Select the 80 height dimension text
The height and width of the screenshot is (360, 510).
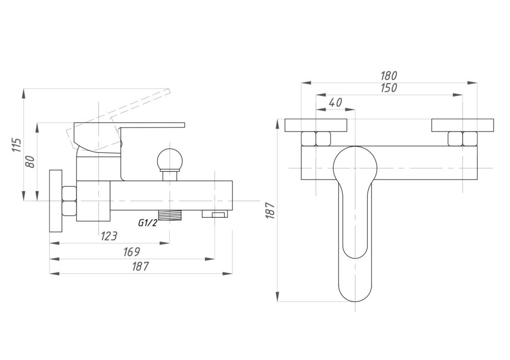coord(30,162)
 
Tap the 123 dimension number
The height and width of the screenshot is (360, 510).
coord(108,236)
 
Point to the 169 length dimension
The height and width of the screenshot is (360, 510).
coord(132,252)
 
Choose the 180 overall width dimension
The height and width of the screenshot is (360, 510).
coord(389,75)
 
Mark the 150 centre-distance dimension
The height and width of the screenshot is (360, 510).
coord(389,88)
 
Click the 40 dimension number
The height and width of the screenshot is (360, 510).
coord(335,102)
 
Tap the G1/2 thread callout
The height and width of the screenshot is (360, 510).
coord(147,222)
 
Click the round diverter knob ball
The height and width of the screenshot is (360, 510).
coord(169,159)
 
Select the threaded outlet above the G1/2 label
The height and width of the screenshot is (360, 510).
coord(170,215)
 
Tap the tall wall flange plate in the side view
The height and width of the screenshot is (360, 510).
coord(55,200)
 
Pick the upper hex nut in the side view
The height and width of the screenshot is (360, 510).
coord(69,193)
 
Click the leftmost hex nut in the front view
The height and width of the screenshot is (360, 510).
coord(309,139)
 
